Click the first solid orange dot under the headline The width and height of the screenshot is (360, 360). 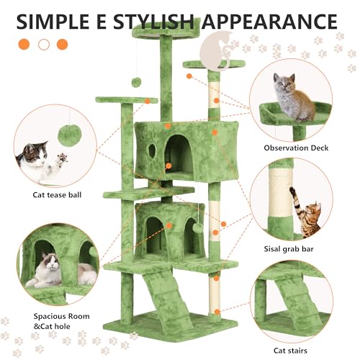point(24,44)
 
